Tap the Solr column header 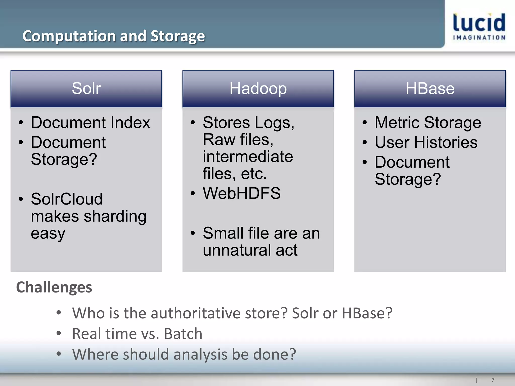86,88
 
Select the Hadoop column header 258,88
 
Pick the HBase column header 430,88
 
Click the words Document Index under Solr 91,123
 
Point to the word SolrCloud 67,199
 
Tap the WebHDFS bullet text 242,193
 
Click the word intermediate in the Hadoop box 248,157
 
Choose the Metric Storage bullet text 428,123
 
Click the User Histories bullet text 426,142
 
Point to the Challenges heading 54,287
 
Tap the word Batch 183,334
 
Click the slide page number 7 493,380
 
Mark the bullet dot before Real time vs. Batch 59,333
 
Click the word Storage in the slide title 178,36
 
